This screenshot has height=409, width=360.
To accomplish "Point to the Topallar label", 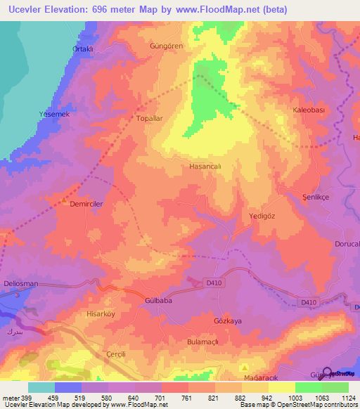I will click(149, 119).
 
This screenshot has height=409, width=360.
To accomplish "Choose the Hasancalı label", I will click(205, 167).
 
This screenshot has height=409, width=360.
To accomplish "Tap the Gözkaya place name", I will click(227, 320).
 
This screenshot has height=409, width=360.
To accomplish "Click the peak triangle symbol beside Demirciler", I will click(65, 202).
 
